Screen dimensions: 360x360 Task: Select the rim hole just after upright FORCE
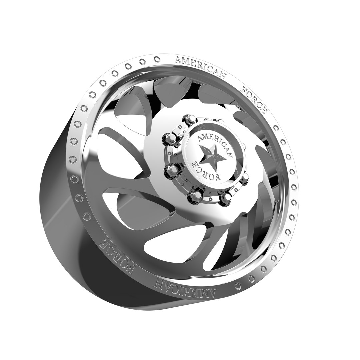[276, 128]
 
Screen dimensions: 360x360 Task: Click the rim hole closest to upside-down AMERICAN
[238, 286]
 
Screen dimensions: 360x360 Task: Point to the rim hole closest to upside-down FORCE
[87, 216]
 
